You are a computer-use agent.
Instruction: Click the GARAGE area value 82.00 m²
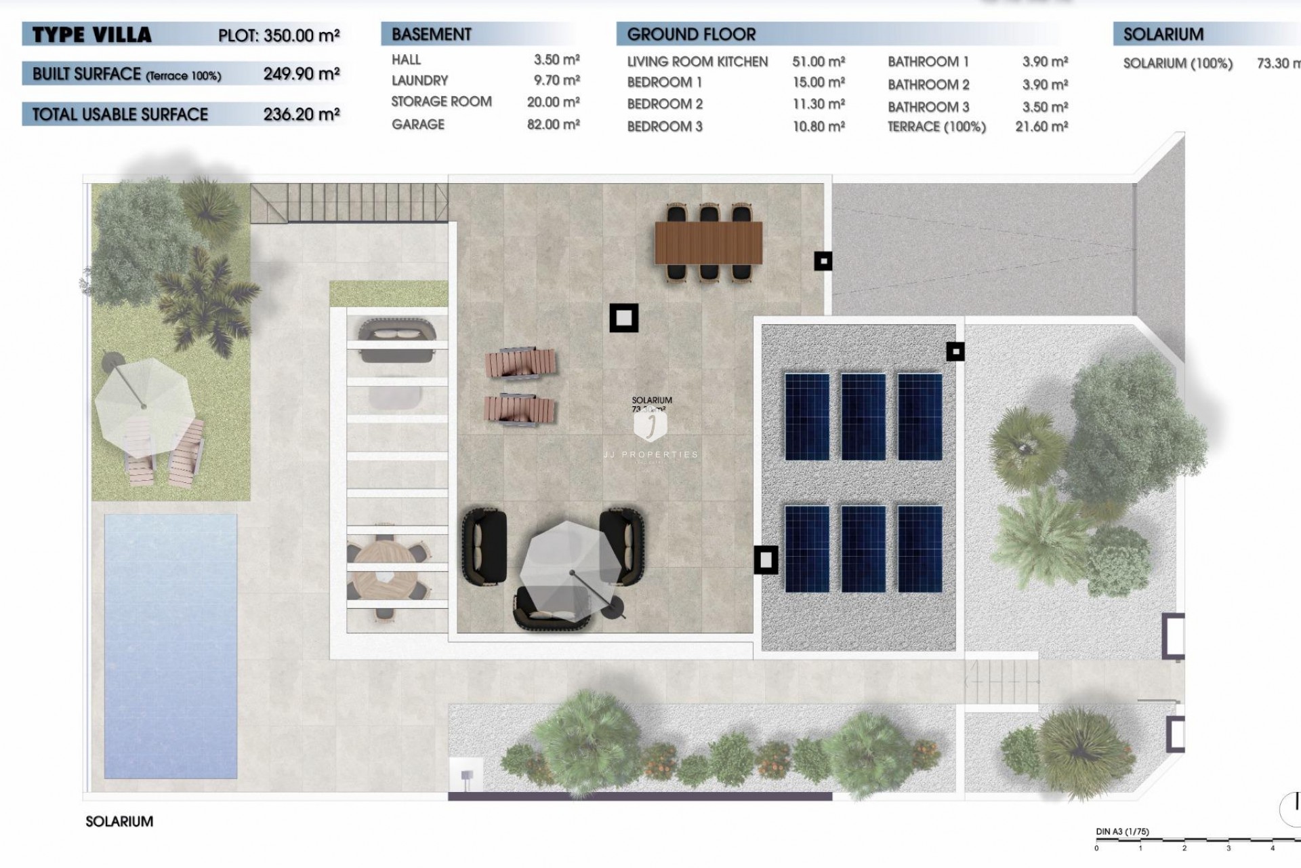click(553, 124)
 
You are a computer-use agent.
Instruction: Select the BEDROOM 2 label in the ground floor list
click(664, 104)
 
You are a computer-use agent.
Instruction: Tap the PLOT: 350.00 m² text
click(278, 35)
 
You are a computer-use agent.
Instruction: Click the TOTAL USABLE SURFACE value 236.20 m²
click(301, 114)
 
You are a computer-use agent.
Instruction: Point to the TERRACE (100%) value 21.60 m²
click(1041, 126)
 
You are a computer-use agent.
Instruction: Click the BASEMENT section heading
click(431, 34)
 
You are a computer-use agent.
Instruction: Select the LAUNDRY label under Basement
click(419, 80)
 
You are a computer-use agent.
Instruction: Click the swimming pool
click(170, 644)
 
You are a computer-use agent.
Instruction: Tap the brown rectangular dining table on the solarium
click(708, 243)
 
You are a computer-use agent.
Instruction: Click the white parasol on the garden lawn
click(144, 407)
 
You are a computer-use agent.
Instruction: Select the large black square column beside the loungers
click(623, 317)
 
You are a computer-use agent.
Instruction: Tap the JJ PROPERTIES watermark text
click(650, 454)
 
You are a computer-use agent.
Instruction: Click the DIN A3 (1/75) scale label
click(1122, 831)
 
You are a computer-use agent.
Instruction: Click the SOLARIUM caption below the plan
click(119, 821)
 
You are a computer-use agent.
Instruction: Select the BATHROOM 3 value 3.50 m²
click(1045, 106)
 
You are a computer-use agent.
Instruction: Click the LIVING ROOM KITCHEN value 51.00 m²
click(818, 62)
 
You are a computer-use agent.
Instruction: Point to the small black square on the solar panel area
click(955, 351)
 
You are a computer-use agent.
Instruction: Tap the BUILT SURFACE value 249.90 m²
click(301, 73)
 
